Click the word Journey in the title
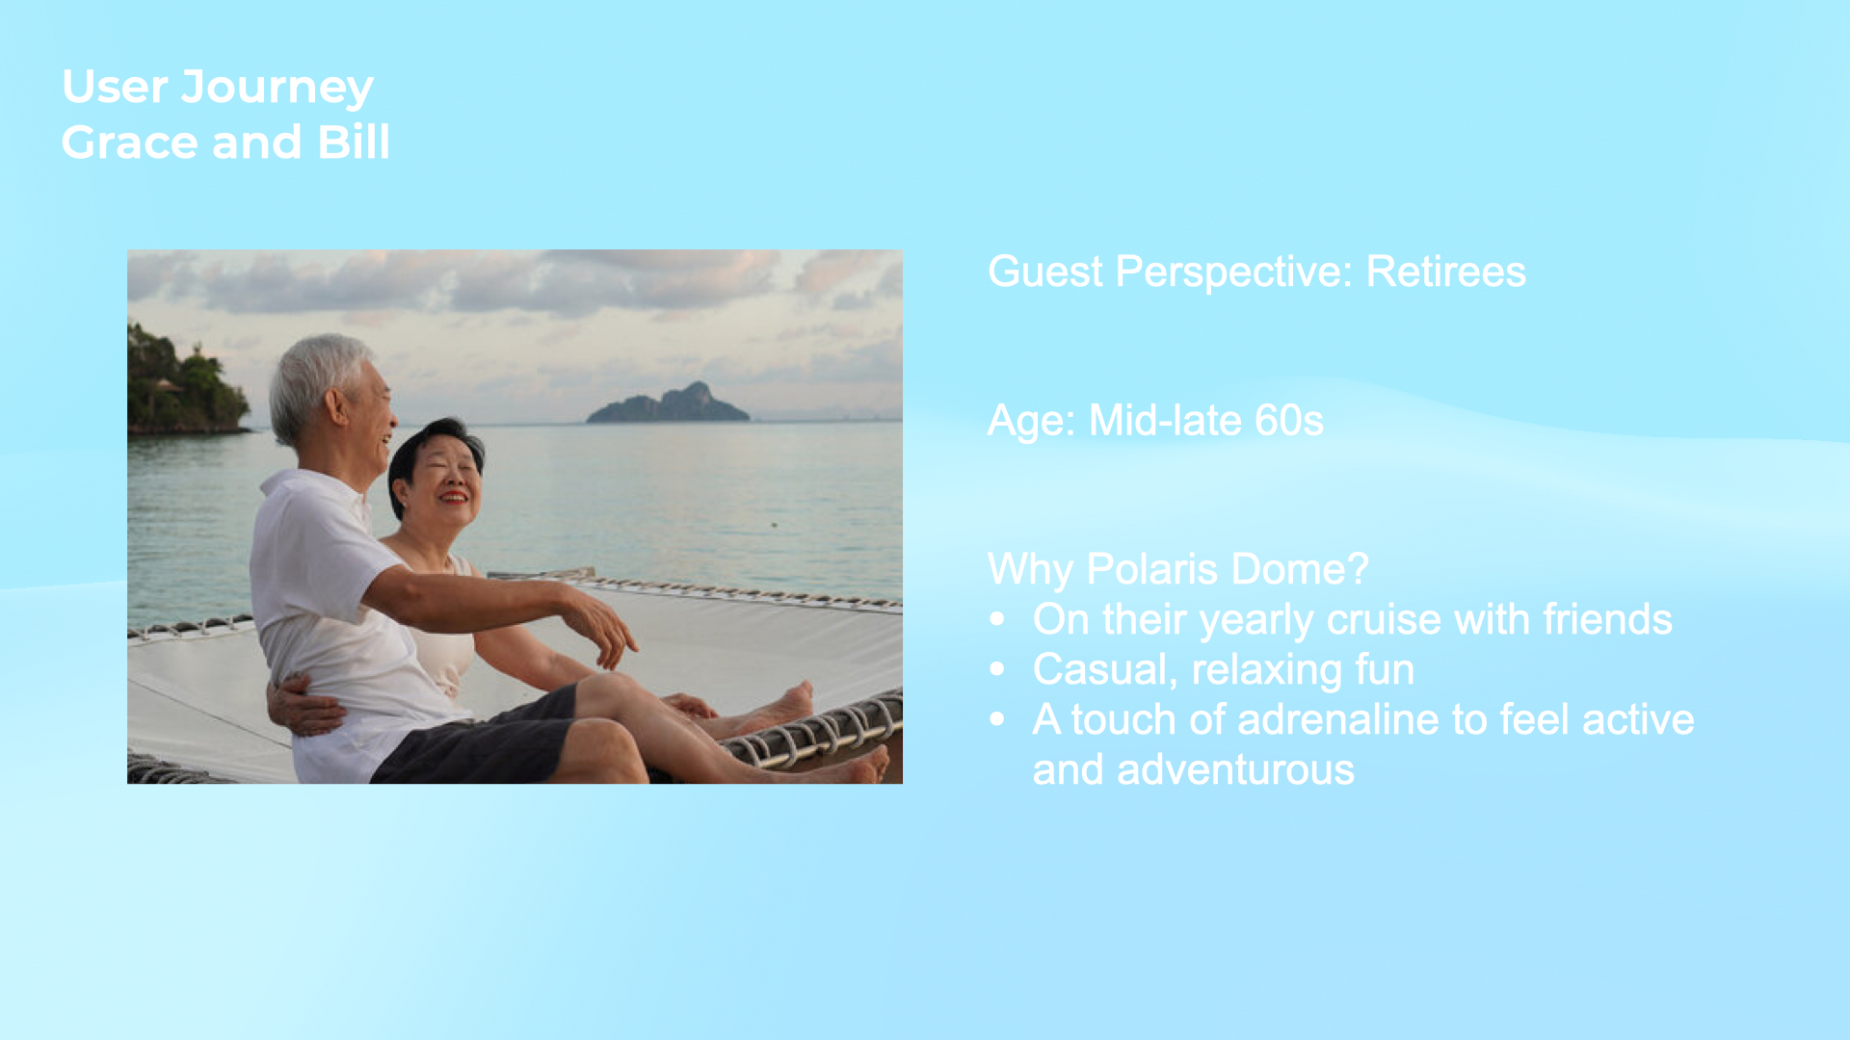pos(277,89)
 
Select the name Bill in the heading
pos(354,142)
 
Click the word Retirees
pos(1445,272)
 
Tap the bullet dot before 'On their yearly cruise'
pos(997,619)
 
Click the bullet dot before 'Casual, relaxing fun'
pos(997,669)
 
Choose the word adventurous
pos(1235,770)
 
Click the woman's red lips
pos(454,497)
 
